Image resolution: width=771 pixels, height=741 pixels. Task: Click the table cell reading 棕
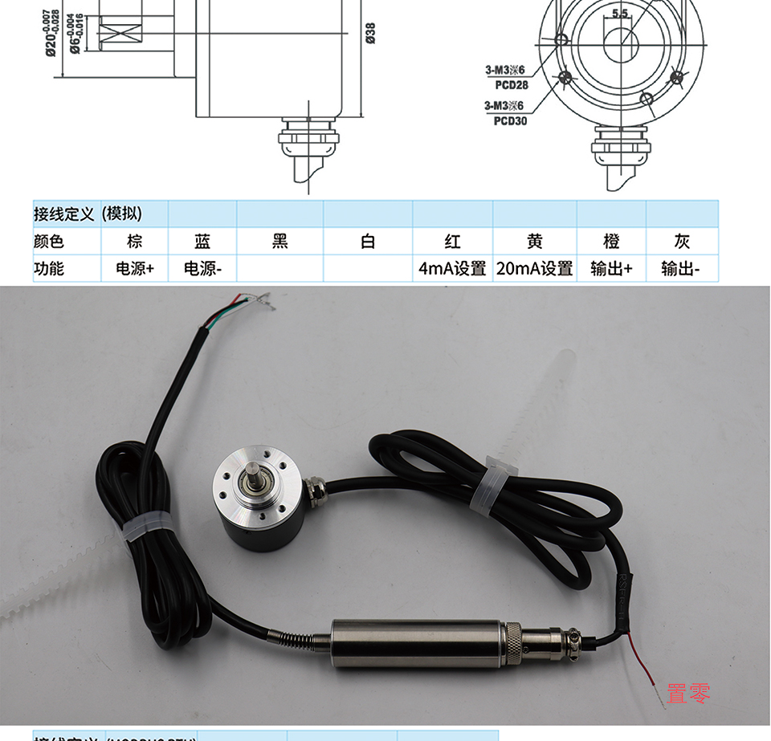(x=134, y=242)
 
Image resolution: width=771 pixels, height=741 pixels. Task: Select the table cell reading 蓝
(x=202, y=242)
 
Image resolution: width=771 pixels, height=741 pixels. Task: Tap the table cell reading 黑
(x=279, y=242)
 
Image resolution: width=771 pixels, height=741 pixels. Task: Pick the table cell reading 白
(x=368, y=242)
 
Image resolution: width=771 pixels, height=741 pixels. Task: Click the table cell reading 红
(x=452, y=242)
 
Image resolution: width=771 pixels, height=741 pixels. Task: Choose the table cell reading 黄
(x=534, y=242)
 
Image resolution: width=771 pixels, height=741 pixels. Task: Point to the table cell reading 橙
(x=610, y=242)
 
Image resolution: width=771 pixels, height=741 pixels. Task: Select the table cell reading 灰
(x=681, y=242)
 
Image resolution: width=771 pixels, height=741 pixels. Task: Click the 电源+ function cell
(x=134, y=269)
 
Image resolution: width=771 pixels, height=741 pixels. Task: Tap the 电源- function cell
(x=202, y=269)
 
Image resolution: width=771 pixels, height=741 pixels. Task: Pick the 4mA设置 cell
(x=452, y=269)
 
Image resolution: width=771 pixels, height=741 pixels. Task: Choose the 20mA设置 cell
(x=534, y=269)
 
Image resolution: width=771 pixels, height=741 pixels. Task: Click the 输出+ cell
(x=610, y=269)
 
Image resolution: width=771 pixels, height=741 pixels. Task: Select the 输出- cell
(x=681, y=269)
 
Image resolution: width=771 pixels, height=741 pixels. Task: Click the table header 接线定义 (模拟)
(x=88, y=214)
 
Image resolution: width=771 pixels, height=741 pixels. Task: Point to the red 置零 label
(x=688, y=693)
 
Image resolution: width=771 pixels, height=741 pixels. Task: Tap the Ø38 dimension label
(x=370, y=33)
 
